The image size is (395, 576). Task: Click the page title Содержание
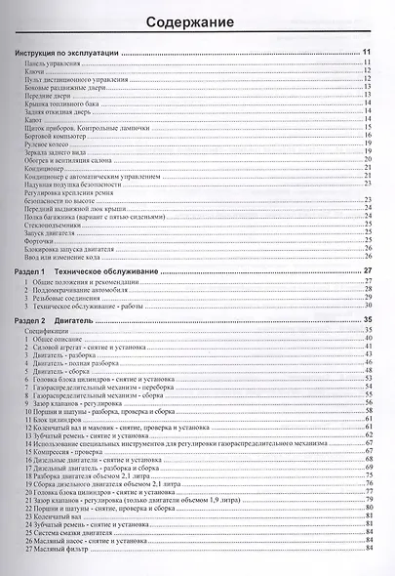pos(198,21)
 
